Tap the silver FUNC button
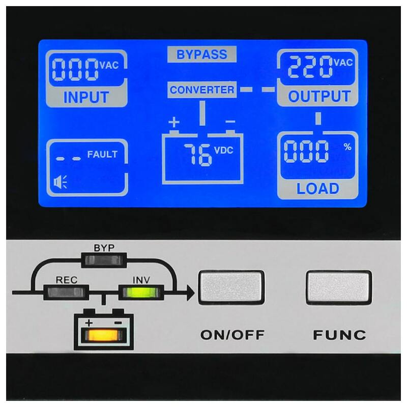(339, 287)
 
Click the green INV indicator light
(141, 293)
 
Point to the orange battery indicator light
(104, 335)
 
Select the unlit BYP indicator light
(104, 260)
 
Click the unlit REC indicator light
(66, 293)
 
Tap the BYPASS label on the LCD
(201, 54)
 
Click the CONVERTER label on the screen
(202, 90)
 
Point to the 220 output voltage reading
(310, 67)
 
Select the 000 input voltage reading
(75, 69)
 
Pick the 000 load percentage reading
(306, 151)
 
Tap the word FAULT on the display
(102, 155)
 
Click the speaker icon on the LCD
(60, 182)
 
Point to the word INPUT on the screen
(86, 97)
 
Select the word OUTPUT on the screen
(319, 96)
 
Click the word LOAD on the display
(317, 188)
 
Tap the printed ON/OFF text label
(232, 335)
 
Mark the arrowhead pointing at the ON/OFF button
(190, 293)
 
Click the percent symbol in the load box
(347, 147)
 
